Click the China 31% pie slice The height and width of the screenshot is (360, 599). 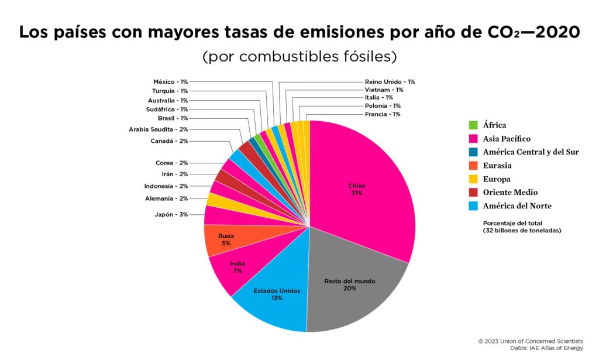tap(363, 187)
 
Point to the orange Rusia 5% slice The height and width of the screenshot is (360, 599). tap(225, 239)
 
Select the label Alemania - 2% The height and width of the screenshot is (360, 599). tap(167, 198)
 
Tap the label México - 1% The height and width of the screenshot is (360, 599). tap(171, 82)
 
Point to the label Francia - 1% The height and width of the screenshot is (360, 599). tap(383, 114)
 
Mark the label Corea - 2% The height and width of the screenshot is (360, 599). tap(171, 163)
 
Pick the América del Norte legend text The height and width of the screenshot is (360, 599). tap(517, 206)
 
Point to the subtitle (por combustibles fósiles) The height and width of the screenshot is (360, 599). tap(299, 57)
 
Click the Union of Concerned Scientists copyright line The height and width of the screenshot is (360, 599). tap(530, 341)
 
